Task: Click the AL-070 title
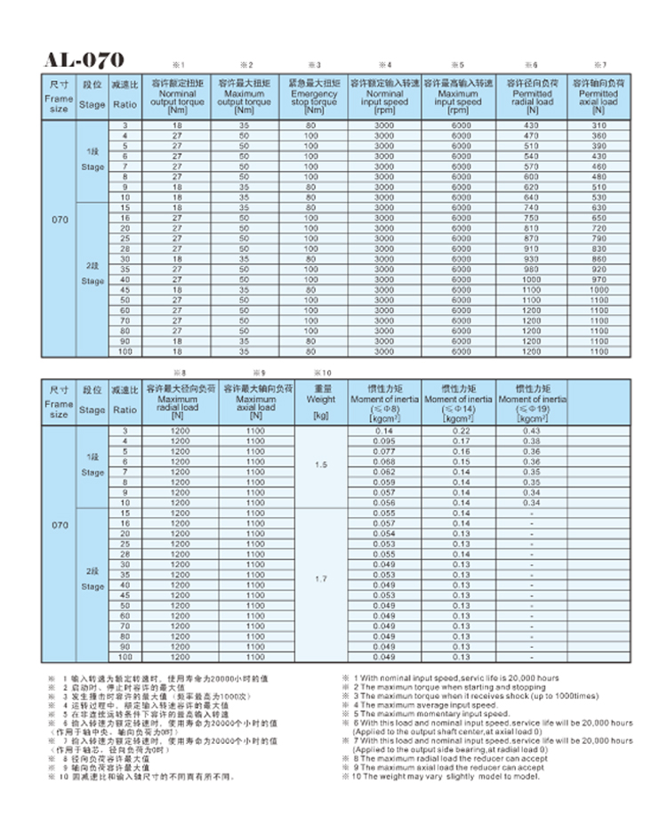(x=84, y=61)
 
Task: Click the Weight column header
(x=321, y=400)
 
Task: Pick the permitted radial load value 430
(x=532, y=125)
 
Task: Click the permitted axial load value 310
(x=599, y=125)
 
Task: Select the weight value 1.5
(x=321, y=465)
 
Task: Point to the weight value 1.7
(x=321, y=578)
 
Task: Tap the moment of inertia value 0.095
(x=384, y=441)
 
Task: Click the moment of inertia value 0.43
(x=532, y=431)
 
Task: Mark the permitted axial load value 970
(x=599, y=279)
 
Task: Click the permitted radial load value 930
(x=532, y=259)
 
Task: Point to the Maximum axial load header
(x=256, y=400)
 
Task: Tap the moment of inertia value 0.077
(x=384, y=451)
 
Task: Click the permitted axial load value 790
(x=599, y=239)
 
